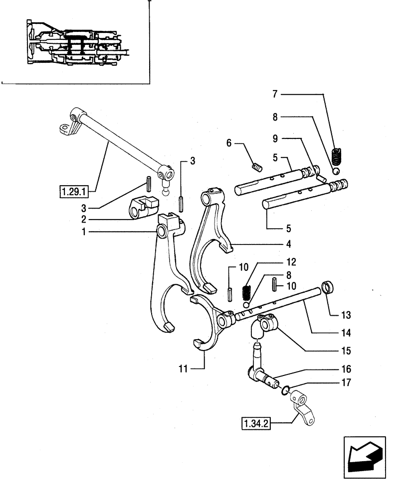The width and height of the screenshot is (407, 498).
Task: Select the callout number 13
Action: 346,315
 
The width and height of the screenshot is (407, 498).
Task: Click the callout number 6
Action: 229,143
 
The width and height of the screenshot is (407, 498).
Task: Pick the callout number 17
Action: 346,383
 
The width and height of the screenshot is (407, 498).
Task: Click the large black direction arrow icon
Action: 364,454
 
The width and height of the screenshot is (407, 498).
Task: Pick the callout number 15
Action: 346,351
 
